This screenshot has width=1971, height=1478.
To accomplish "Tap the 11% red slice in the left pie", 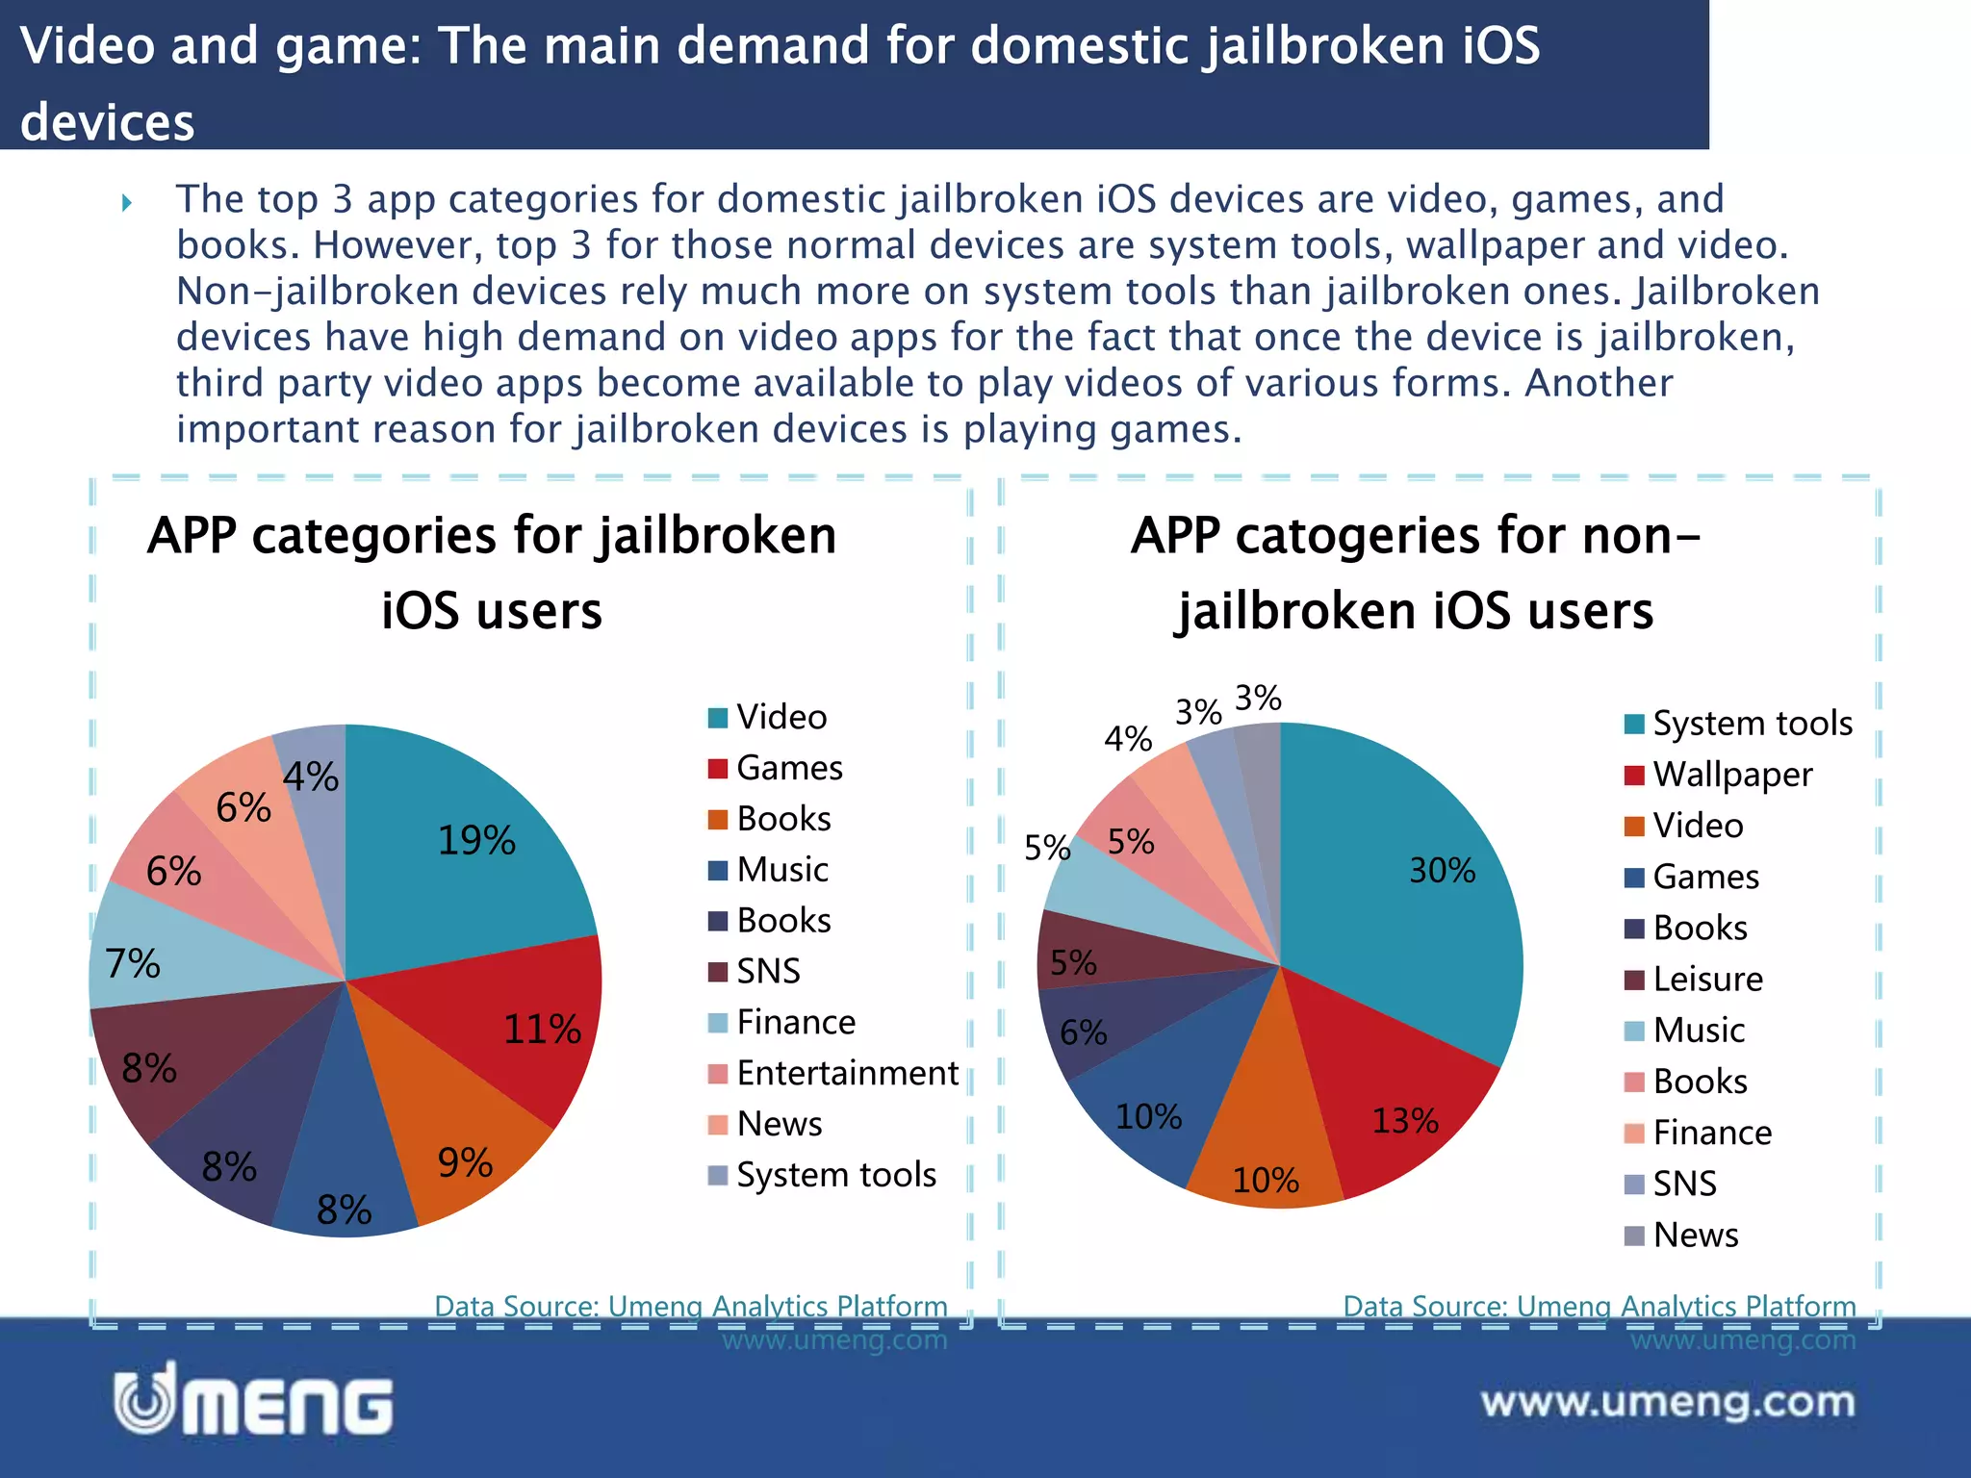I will click(520, 1030).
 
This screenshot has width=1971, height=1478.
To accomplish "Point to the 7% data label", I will click(133, 963).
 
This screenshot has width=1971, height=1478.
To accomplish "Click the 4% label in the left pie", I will click(310, 777).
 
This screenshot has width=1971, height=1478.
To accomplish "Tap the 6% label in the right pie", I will click(1083, 1032).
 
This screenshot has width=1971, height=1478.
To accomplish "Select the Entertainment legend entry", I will click(847, 1073).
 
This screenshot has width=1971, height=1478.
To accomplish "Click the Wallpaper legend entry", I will click(1732, 775).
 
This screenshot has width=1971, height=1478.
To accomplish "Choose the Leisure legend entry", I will click(1707, 980).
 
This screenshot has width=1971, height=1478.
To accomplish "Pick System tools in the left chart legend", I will click(835, 1175).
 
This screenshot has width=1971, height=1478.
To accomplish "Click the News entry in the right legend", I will click(1695, 1236).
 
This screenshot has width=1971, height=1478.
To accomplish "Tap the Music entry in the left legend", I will click(781, 870).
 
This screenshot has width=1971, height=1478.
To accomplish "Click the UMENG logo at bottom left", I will click(254, 1400).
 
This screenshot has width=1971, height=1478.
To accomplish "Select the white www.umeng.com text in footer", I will click(1668, 1402).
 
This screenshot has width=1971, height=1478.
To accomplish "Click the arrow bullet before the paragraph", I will click(126, 203).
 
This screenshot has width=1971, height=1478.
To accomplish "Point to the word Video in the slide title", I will click(88, 46).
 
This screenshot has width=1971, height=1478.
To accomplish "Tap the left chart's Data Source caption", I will click(690, 1307).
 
